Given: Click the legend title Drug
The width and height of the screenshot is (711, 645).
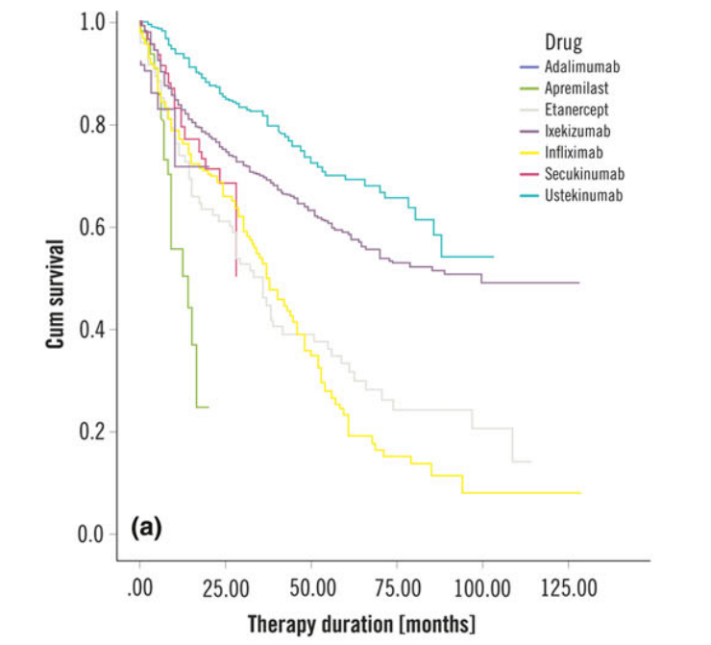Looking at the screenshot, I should (x=562, y=42).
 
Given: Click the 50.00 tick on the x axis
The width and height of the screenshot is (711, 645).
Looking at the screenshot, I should (x=312, y=587).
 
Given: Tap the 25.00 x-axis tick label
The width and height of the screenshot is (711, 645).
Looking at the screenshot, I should (x=226, y=587).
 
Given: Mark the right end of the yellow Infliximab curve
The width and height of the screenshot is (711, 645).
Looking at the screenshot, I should (x=581, y=493).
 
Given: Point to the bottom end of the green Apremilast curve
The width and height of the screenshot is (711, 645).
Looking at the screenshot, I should (x=208, y=408).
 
